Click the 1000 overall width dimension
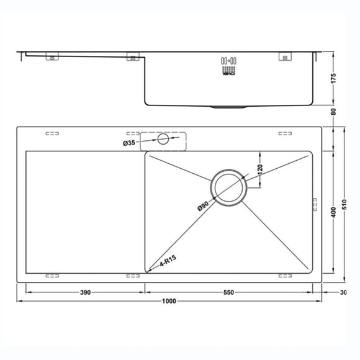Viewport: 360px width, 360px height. [x=169, y=301]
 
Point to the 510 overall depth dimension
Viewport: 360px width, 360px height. [x=351, y=204]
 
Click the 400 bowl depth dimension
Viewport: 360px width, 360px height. [x=334, y=212]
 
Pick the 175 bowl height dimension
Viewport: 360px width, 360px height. [x=334, y=79]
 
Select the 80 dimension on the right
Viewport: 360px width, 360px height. [x=334, y=112]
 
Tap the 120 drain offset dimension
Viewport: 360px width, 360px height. [x=260, y=169]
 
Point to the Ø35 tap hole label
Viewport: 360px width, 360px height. [x=129, y=143]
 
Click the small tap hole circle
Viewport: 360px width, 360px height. [x=163, y=140]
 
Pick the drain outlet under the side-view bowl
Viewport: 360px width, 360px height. [x=228, y=107]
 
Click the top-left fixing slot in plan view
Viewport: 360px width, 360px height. [x=52, y=133]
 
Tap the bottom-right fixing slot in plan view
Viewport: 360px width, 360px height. [x=286, y=274]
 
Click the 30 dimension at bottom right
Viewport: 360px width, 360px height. [x=343, y=292]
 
